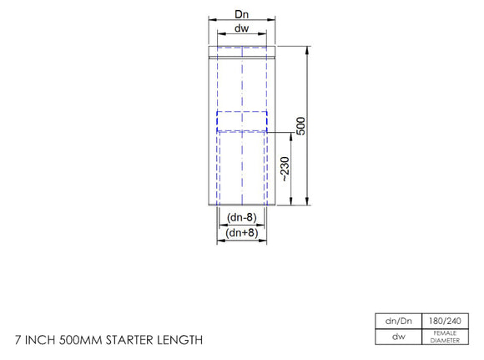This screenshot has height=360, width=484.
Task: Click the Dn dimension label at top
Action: click(x=242, y=14)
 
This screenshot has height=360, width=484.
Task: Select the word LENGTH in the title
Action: click(x=182, y=340)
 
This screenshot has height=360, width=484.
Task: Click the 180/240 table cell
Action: click(x=444, y=322)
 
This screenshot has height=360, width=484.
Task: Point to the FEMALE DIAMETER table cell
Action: click(x=444, y=337)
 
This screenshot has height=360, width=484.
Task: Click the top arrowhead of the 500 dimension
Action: click(x=309, y=49)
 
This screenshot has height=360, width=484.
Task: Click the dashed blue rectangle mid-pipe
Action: click(x=242, y=122)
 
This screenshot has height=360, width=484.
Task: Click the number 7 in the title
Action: click(x=18, y=340)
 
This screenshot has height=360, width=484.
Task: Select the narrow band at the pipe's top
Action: click(x=242, y=57)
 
